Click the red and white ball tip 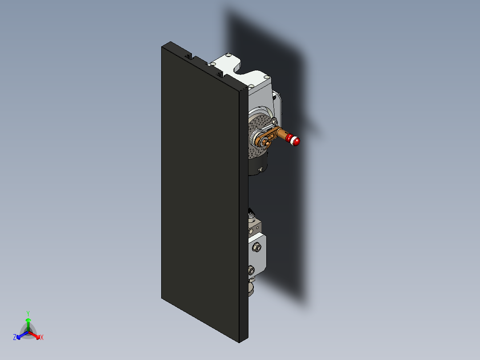pos(295,141)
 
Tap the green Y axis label pos(28,313)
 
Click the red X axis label pos(42,338)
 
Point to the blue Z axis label pos(15,338)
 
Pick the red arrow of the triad pos(36,335)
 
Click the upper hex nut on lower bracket pos(257,247)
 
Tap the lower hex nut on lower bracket pos(251,270)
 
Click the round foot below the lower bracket pos(251,289)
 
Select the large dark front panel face pos(200,192)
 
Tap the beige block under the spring pos(253,228)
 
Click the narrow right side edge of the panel pos(243,214)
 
